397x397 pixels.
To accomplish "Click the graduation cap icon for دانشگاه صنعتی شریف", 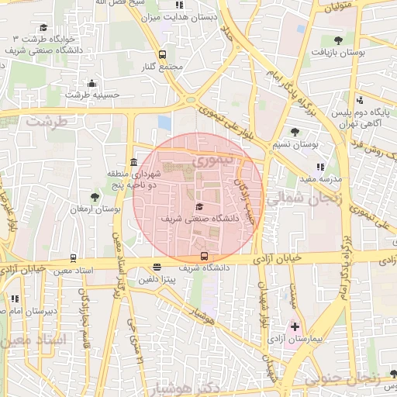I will tap(199, 206).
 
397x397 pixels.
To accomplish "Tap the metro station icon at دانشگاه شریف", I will tap(204, 256).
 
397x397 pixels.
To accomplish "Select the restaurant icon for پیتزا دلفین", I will tap(157, 267).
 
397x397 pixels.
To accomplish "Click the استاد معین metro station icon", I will tap(74, 258).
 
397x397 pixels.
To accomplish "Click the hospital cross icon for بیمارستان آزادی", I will tap(295, 327).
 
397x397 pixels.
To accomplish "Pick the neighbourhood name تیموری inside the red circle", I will tap(212, 162).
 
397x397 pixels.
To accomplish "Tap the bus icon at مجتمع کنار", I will tap(162, 54).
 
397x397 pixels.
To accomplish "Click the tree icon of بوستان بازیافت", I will tap(337, 40).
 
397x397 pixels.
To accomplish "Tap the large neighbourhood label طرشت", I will tap(47, 122).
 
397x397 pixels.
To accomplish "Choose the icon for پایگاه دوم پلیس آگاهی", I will tap(360, 99).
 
